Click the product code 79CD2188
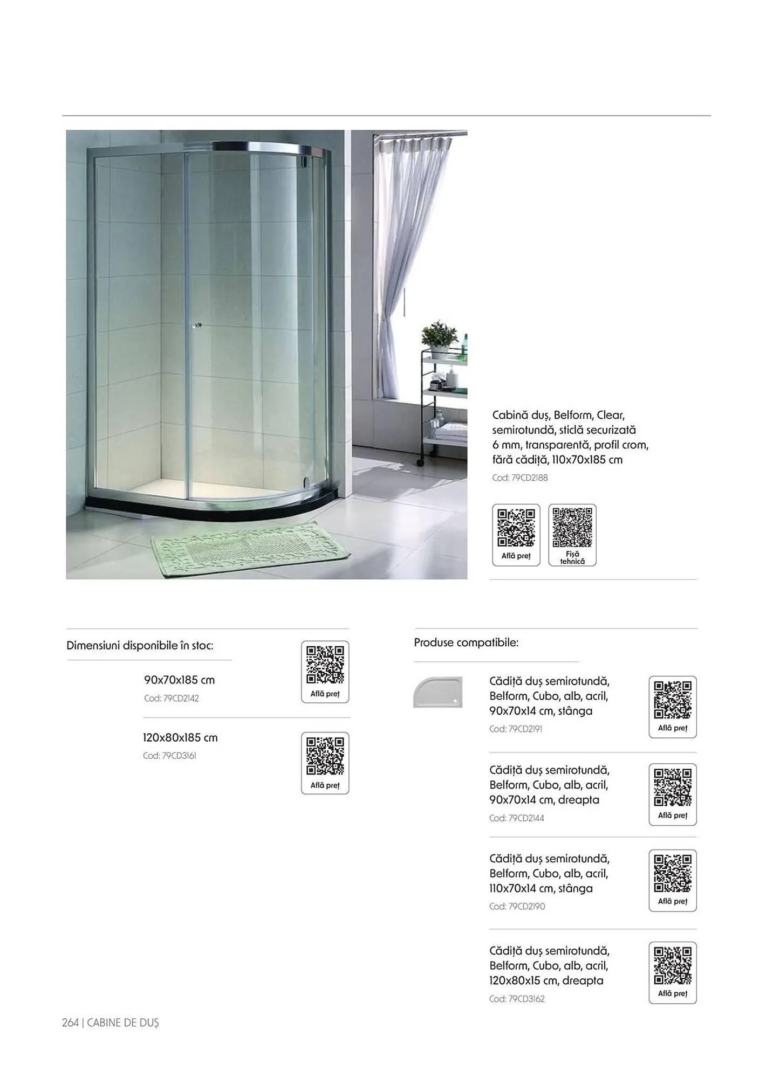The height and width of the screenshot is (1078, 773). pyautogui.click(x=519, y=478)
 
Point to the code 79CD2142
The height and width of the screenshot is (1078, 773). pyautogui.click(x=172, y=699)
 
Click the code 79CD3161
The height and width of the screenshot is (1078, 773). pyautogui.click(x=169, y=756)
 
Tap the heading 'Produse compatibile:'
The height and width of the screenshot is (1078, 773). pyautogui.click(x=466, y=642)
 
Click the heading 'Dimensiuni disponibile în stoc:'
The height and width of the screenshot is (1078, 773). pyautogui.click(x=140, y=645)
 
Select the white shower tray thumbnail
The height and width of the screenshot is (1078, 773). pyautogui.click(x=437, y=692)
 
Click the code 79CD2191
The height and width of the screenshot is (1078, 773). pyautogui.click(x=516, y=729)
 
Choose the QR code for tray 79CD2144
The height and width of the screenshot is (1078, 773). pyautogui.click(x=672, y=787)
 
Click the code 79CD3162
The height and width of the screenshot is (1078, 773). pyautogui.click(x=517, y=999)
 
